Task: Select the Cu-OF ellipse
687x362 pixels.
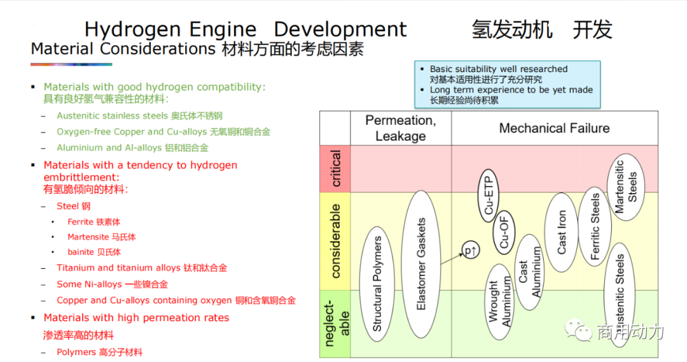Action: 504,231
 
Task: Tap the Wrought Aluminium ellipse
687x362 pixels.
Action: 500,301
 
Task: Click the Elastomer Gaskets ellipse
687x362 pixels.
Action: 420,264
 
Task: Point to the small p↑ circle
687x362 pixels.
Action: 471,251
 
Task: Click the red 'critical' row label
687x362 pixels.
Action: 335,168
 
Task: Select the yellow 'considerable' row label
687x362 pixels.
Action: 335,240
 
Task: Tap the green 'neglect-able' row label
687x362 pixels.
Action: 335,324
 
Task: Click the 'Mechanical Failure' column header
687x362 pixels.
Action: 554,128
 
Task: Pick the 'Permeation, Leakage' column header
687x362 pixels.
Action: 401,128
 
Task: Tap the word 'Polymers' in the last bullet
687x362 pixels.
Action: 76,352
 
